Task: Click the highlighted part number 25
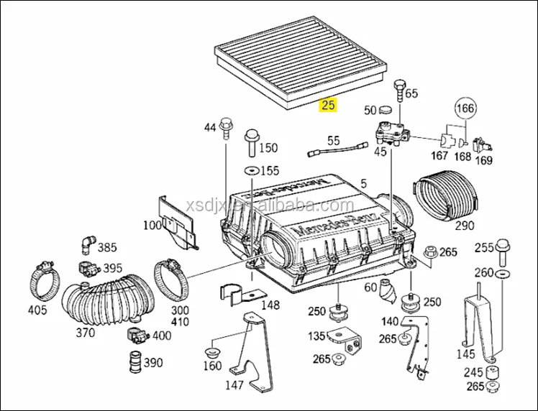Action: click(x=328, y=105)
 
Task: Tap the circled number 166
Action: click(x=465, y=108)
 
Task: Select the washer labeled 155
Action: click(x=251, y=171)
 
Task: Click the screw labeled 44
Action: click(x=227, y=127)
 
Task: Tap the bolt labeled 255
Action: click(x=502, y=251)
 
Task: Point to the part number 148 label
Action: click(x=270, y=305)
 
